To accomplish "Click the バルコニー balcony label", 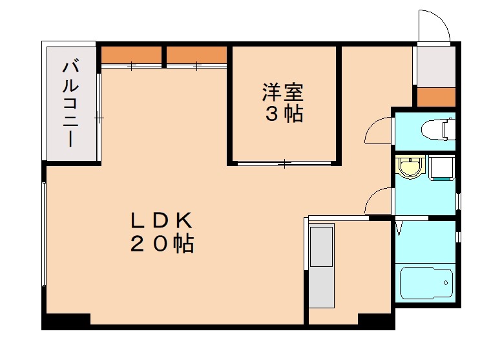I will [x=70, y=103].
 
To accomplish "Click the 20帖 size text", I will [x=162, y=244].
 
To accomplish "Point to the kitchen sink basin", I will [x=321, y=246].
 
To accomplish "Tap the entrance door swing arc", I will [x=433, y=26].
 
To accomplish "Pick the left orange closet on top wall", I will [x=132, y=56].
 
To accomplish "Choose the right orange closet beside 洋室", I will [x=196, y=56].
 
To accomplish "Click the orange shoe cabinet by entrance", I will [x=435, y=96].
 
